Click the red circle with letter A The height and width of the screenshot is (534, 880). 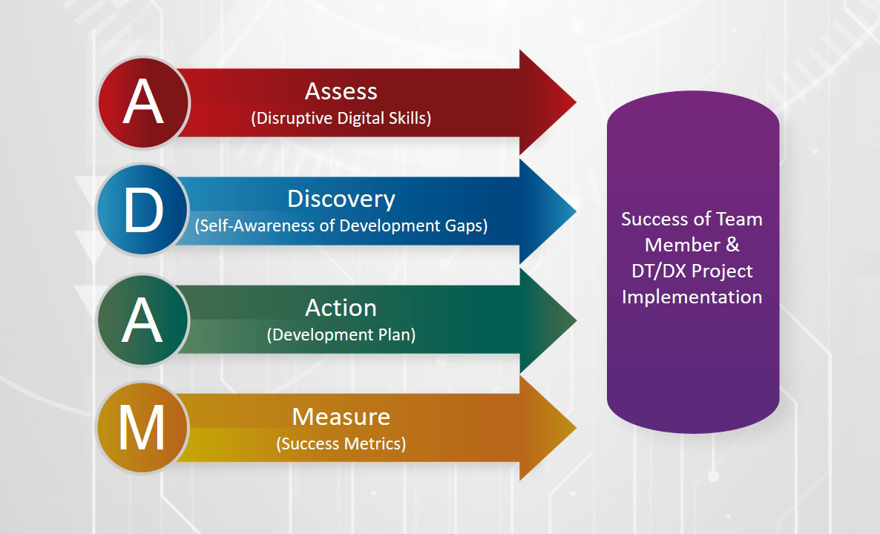(x=144, y=102)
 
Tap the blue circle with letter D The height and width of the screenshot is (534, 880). (x=142, y=209)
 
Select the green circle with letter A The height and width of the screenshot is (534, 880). (x=142, y=320)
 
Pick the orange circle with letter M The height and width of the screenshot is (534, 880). (x=142, y=427)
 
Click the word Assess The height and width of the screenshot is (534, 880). (x=341, y=91)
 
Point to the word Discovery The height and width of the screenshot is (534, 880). (x=341, y=199)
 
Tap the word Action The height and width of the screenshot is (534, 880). (x=341, y=308)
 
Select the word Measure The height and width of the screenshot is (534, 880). (x=341, y=417)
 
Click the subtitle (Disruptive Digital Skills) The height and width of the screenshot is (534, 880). (x=341, y=119)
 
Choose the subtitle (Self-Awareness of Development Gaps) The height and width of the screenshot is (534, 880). (x=341, y=225)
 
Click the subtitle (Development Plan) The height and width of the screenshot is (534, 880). (x=341, y=335)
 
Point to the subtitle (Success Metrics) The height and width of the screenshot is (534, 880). (x=341, y=444)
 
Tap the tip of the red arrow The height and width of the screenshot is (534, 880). (x=576, y=102)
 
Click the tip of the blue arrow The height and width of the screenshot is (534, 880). (x=576, y=211)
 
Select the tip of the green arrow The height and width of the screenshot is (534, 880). (x=576, y=320)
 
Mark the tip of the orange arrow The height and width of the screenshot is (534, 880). (x=576, y=428)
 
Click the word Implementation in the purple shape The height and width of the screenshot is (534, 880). (x=692, y=297)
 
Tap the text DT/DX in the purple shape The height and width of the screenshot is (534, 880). (x=660, y=271)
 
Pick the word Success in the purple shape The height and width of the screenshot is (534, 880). (x=651, y=219)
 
